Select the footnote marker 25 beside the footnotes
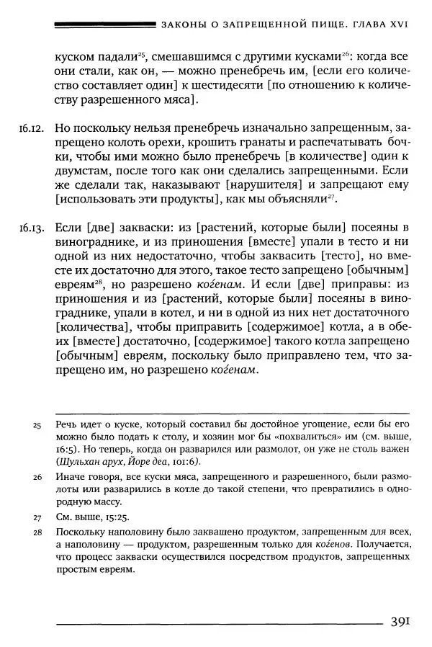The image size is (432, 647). click(x=37, y=425)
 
